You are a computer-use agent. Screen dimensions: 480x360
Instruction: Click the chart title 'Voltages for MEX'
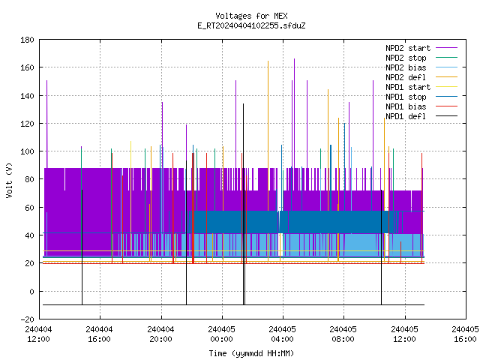coord(251,16)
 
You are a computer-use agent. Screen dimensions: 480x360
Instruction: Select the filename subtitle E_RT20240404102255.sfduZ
coord(251,25)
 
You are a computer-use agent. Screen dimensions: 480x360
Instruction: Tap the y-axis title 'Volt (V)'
coord(9,180)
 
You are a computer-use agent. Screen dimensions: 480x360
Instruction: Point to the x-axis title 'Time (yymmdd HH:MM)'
coord(251,353)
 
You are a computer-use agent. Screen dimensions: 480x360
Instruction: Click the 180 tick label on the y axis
coord(27,40)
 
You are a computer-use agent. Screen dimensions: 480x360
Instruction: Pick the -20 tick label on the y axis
coord(27,319)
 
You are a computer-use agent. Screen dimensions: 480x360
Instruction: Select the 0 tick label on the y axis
coord(31,292)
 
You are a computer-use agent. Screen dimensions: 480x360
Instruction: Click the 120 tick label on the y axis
coord(27,124)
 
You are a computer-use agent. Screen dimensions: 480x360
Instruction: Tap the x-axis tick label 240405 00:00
coord(222,334)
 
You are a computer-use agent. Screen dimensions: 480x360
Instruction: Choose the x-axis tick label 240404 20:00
coord(160,334)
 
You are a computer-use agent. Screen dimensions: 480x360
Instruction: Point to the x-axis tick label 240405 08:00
coord(343,334)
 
